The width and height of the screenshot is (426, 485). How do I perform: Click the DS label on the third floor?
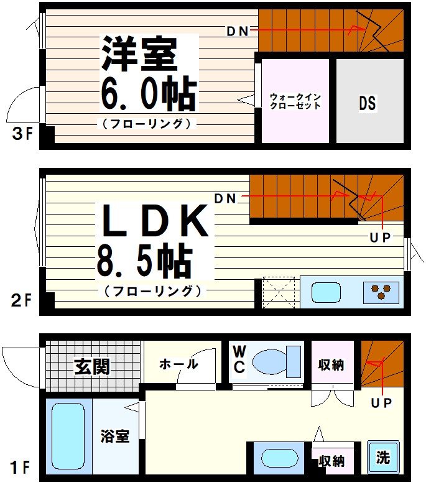(x=367, y=103)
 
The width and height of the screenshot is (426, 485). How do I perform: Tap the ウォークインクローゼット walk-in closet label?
(x=295, y=101)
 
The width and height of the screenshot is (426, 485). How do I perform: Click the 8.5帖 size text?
(x=143, y=261)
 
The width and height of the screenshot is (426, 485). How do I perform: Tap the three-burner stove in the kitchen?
(x=381, y=292)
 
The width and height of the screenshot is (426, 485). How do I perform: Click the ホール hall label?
(x=178, y=364)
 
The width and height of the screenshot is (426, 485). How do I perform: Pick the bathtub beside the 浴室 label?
(x=68, y=435)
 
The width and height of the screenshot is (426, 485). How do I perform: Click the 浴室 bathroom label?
(x=115, y=436)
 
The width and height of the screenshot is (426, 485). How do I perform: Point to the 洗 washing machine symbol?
(x=382, y=457)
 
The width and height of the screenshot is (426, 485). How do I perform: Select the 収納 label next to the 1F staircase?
(x=331, y=365)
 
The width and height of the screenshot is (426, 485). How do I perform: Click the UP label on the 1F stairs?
(x=382, y=404)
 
